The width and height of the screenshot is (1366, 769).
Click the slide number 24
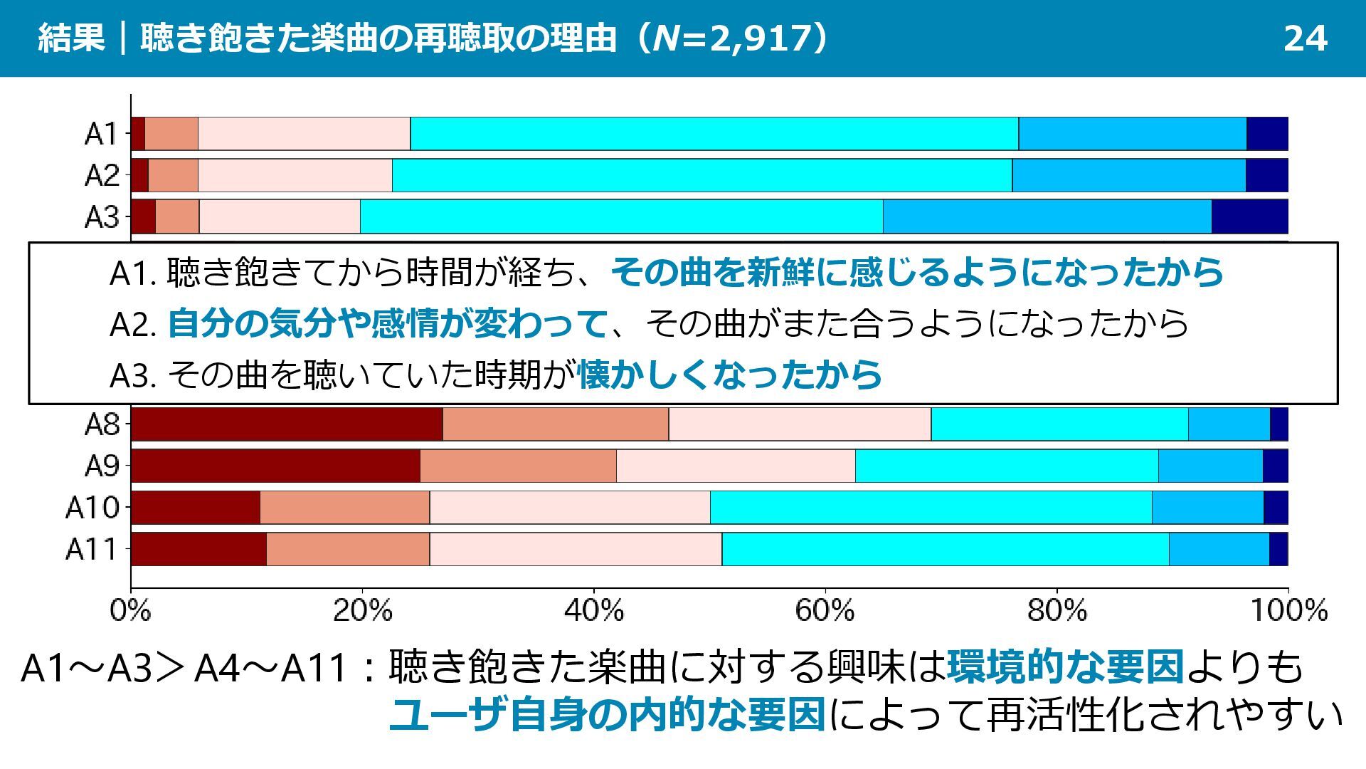[1305, 38]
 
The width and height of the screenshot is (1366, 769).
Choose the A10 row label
[92, 508]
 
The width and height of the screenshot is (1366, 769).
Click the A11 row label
[92, 549]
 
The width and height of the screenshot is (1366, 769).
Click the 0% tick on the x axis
[130, 611]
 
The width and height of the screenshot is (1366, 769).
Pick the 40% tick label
[593, 611]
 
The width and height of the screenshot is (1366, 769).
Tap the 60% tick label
[825, 611]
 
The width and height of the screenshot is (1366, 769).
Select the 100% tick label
[1288, 611]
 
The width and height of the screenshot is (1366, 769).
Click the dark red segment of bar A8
[287, 424]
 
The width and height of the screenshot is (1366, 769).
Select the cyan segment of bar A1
[714, 134]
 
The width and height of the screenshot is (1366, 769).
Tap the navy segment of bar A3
[1249, 217]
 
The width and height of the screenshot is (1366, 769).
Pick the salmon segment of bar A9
[518, 466]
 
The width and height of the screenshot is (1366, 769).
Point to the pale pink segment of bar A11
[575, 549]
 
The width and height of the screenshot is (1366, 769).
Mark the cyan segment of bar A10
[931, 508]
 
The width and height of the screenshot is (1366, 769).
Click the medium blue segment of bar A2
[1128, 175]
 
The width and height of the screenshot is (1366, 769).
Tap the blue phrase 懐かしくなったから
[730, 375]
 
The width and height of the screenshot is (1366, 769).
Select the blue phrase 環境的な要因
[1065, 667]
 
